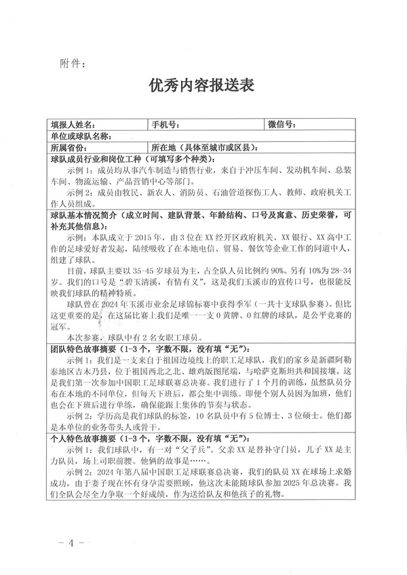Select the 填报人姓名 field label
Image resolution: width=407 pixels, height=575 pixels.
[x=74, y=125]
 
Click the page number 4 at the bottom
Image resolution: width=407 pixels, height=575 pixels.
[x=71, y=544]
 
